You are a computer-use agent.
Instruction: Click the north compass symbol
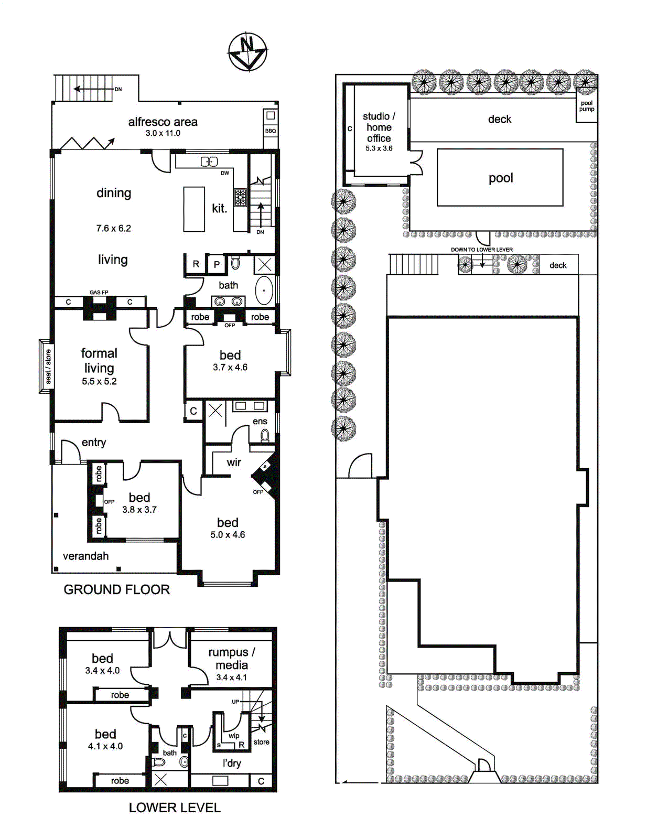coord(247,52)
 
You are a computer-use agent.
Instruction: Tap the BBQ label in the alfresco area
coord(271,131)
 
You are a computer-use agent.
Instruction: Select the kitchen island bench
coord(194,209)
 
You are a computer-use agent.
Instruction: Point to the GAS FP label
coord(99,292)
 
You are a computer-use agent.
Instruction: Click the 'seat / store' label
coord(48,367)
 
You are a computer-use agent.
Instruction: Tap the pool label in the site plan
coord(501,178)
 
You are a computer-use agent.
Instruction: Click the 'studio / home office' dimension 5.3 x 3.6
coord(379,148)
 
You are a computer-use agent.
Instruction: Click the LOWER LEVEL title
coord(175,808)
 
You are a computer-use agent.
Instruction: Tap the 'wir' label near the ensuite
coord(234,462)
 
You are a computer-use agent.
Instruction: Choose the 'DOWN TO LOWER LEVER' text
coord(482,250)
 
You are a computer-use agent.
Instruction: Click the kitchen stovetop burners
coord(240,197)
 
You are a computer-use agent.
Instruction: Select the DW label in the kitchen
coord(225,173)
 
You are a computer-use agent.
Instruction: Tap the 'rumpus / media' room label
coord(232,659)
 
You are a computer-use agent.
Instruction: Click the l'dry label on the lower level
coord(232,763)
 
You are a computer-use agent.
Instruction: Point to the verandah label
coord(85,556)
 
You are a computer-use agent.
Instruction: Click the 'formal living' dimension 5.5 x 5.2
coord(99,381)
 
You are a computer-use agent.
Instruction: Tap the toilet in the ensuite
coord(265,435)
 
